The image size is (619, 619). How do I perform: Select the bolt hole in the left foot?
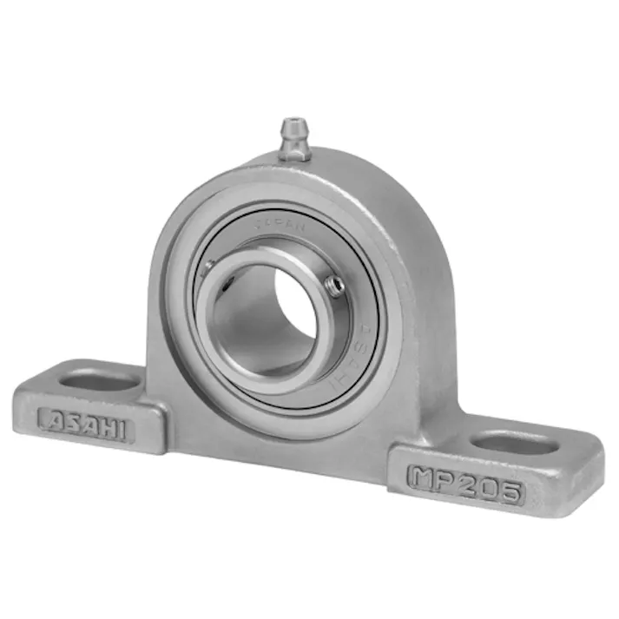(x=99, y=380)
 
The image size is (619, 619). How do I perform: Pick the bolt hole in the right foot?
(x=516, y=444)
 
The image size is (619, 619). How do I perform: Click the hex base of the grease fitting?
(x=295, y=154)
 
